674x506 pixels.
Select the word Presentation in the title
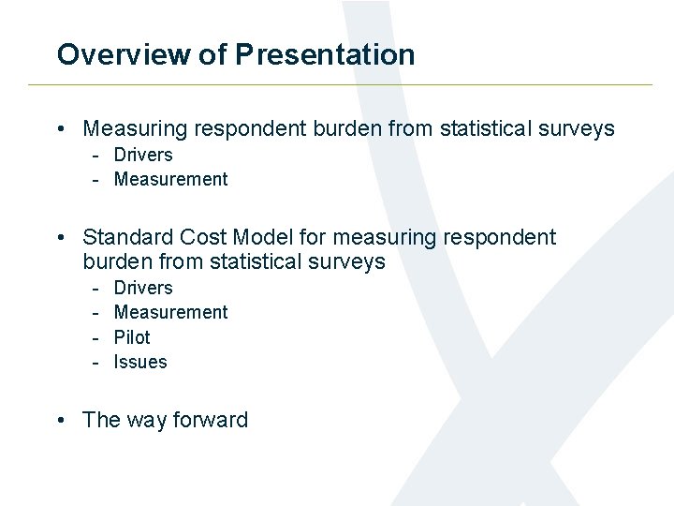[x=325, y=54]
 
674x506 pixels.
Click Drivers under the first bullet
[x=143, y=155]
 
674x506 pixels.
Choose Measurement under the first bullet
[x=170, y=179]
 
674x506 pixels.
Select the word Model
[x=268, y=238]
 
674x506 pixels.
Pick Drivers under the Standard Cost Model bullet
[x=143, y=288]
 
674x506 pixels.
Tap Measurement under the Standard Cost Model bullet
[x=170, y=312]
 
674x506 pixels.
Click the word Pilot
[x=132, y=337]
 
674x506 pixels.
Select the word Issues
[x=140, y=362]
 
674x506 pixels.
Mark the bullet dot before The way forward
[x=61, y=420]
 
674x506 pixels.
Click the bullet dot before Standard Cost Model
[x=61, y=238]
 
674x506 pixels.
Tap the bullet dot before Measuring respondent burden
[x=61, y=128]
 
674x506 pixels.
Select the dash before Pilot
[x=95, y=337]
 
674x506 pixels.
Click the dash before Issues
[x=95, y=362]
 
